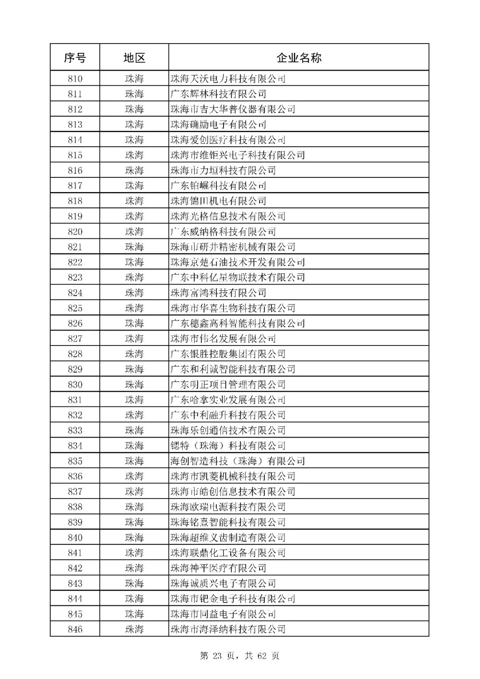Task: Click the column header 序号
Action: point(75,57)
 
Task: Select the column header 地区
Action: point(134,57)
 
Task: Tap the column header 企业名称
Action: point(299,57)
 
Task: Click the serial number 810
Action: point(75,79)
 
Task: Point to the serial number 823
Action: point(75,277)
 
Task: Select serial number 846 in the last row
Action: point(75,629)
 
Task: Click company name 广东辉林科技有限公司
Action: point(218,94)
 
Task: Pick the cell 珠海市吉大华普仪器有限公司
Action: point(233,109)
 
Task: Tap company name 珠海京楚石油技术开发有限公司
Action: point(238,262)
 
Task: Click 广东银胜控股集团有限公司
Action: point(228,354)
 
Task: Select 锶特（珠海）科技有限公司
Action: point(228,446)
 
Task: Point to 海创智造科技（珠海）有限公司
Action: point(238,461)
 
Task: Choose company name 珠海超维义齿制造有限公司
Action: point(228,538)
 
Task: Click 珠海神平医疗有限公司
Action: point(218,568)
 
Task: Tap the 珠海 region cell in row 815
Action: point(134,155)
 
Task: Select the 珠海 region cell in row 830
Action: point(134,385)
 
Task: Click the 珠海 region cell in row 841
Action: point(134,553)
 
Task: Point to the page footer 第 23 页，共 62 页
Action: point(240,656)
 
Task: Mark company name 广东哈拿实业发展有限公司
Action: point(228,400)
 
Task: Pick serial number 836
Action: point(75,476)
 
